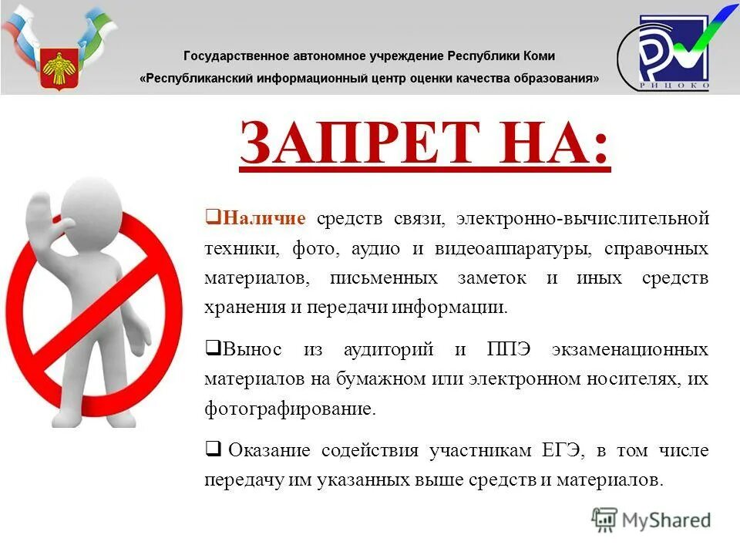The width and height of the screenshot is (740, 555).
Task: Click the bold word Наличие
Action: [264, 219]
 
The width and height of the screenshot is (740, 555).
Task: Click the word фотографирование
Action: [290, 409]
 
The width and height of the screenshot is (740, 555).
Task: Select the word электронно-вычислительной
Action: [582, 219]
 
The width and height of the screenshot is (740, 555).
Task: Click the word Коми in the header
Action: [536, 56]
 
